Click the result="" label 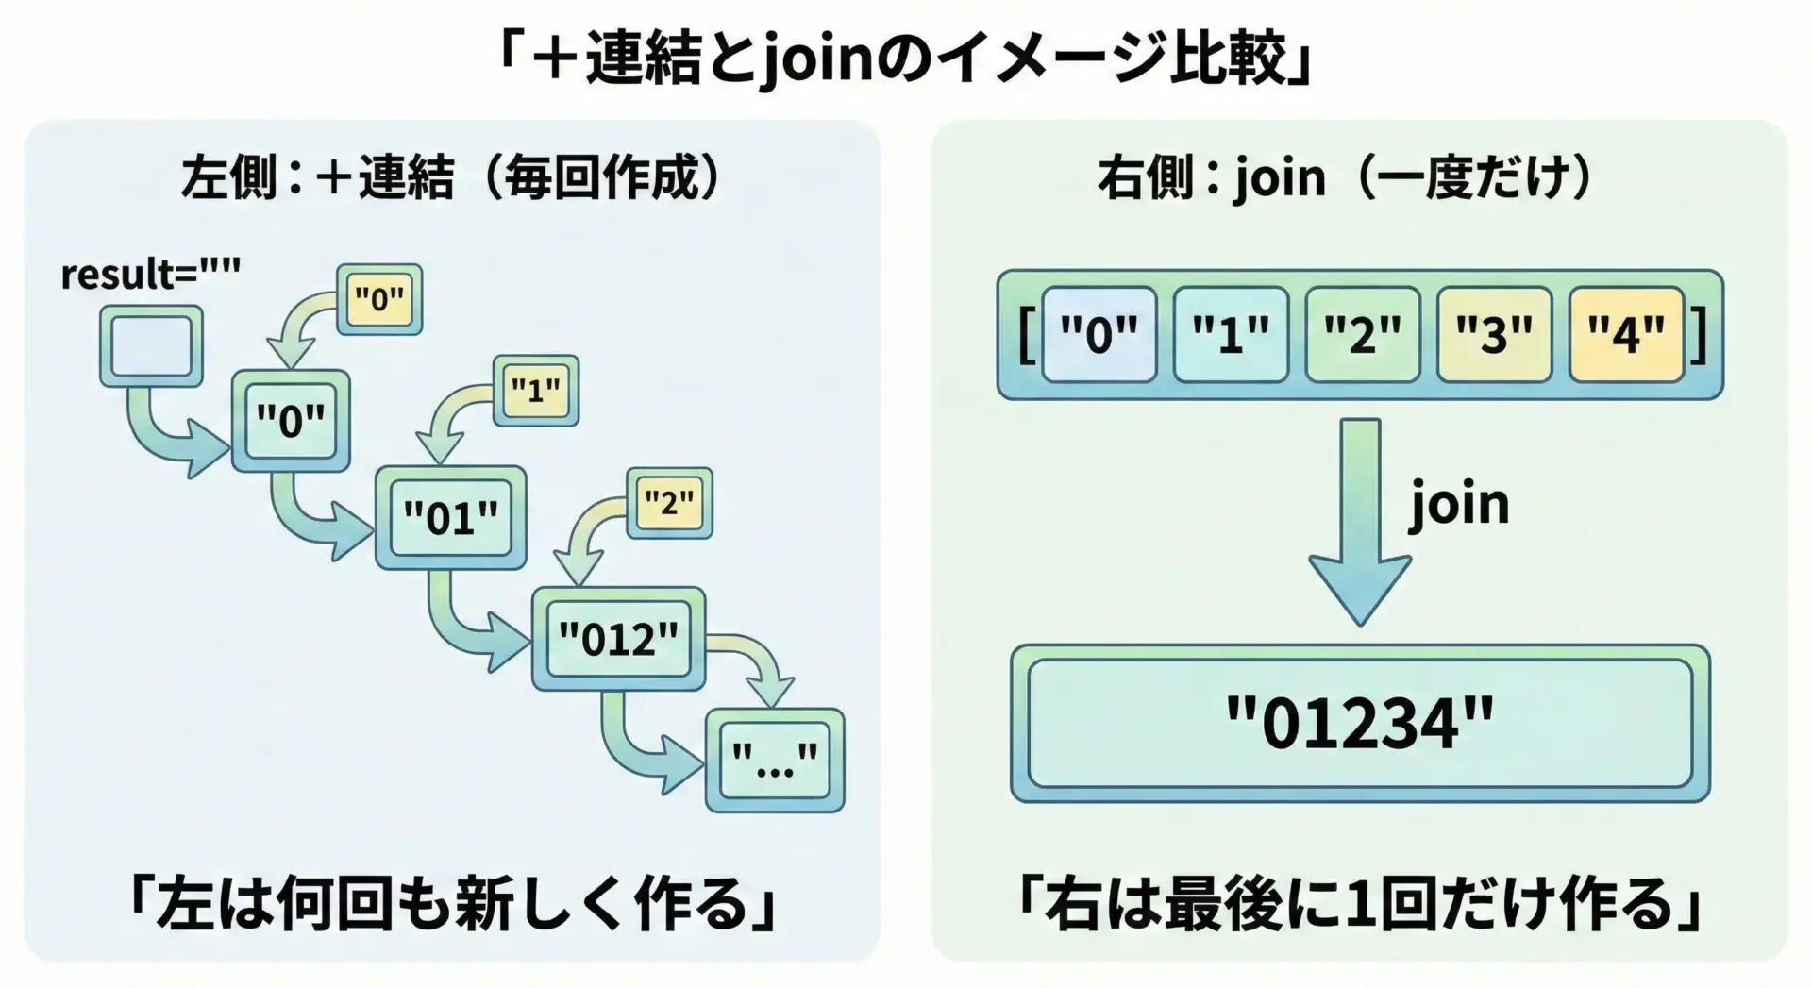(x=150, y=274)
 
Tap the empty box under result (x=151, y=346)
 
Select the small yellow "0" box (x=379, y=299)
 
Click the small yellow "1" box (x=536, y=390)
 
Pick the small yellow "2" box (x=669, y=503)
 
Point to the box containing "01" (x=450, y=517)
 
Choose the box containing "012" (x=618, y=639)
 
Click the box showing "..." (x=775, y=761)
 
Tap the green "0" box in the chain (x=291, y=421)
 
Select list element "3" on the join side (x=1494, y=334)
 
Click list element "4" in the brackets (x=1626, y=334)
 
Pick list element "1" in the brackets (x=1231, y=334)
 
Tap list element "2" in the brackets (x=1362, y=334)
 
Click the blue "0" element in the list (x=1099, y=334)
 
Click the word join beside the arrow (x=1459, y=504)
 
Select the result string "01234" (x=1360, y=724)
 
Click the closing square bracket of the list (x=1700, y=335)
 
